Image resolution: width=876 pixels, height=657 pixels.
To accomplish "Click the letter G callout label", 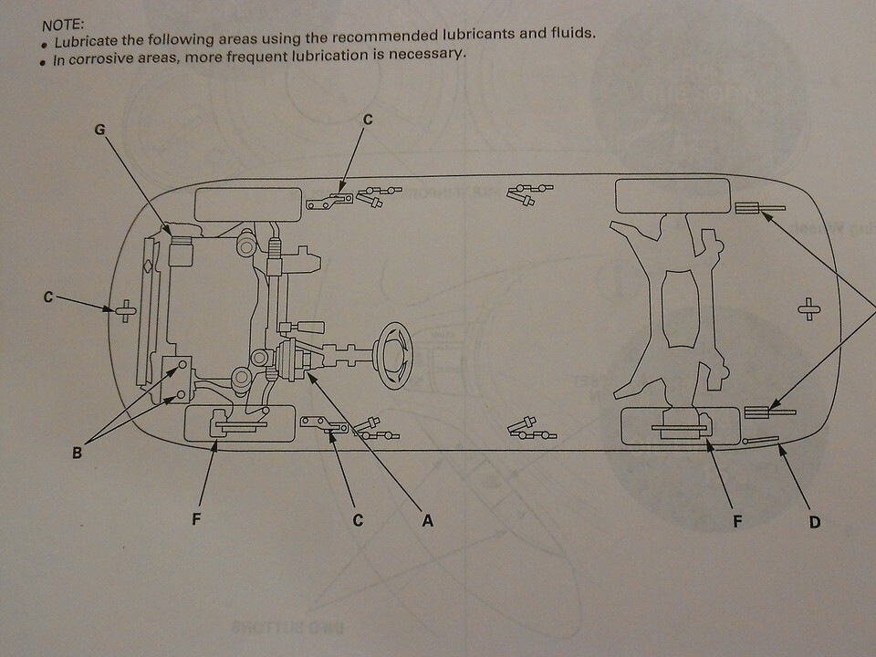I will (100, 130).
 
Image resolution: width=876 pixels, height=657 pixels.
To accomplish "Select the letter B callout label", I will (78, 450).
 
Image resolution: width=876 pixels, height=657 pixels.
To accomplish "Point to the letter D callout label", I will (814, 522).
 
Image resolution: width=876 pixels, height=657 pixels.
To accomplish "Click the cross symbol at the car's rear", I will (806, 308).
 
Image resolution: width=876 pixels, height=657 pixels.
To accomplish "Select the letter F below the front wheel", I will (196, 521).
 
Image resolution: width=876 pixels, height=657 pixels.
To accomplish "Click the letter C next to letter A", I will (358, 521).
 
